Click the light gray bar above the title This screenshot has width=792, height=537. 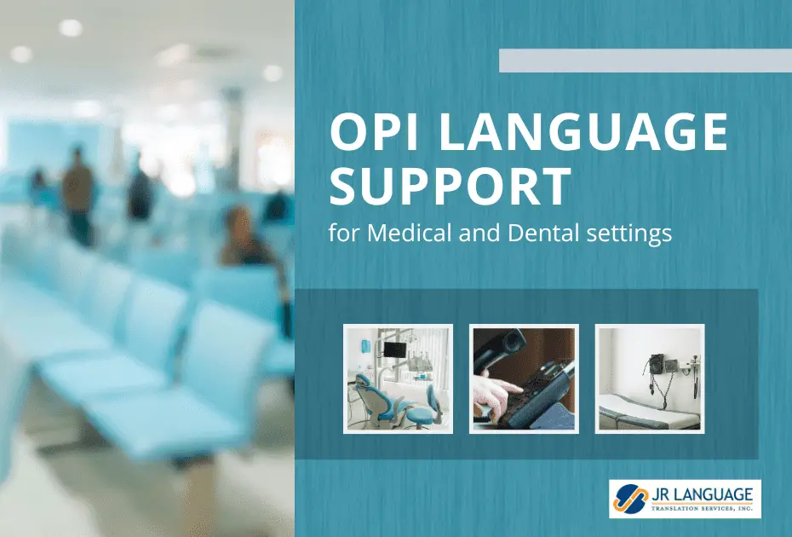tap(645, 61)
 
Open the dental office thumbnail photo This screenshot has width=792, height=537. tap(398, 378)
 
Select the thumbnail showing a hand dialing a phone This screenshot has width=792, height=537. tap(524, 378)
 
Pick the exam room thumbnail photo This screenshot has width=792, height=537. tap(649, 378)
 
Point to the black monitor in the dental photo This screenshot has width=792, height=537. tap(394, 349)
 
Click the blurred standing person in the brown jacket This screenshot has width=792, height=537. tap(78, 192)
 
